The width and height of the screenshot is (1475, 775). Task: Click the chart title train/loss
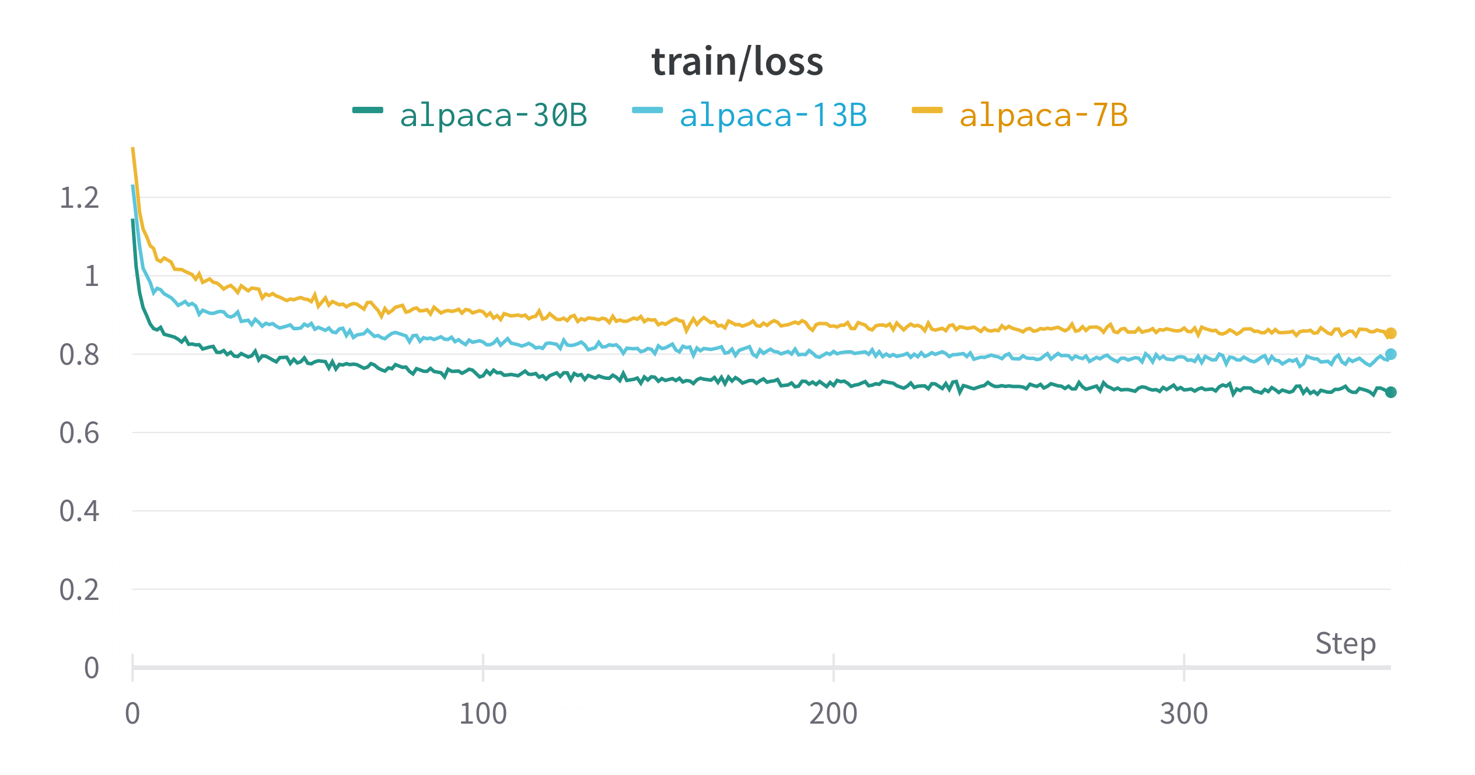737,62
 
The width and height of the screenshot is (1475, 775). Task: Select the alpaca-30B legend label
493,115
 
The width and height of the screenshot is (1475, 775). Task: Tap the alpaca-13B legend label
773,115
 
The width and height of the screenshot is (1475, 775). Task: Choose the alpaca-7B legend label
1043,115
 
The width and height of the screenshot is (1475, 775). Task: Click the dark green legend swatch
368,110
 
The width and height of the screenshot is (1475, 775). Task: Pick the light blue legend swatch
648,110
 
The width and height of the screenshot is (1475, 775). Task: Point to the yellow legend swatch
927,110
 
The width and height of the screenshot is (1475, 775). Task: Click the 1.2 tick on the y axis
79,198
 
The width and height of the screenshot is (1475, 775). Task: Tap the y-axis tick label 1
92,276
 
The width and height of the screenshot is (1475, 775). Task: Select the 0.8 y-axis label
79,355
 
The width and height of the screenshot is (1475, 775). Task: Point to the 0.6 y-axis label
79,433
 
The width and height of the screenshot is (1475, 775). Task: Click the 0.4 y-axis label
79,511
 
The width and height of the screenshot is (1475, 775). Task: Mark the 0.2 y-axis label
79,590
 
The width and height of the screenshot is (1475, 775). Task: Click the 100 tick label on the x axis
483,714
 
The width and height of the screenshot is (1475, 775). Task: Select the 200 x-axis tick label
833,714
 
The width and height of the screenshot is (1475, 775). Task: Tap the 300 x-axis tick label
1184,714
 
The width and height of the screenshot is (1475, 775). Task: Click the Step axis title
1345,644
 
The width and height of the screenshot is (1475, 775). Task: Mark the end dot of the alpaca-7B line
1391,333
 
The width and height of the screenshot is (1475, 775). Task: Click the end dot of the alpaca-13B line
1391,354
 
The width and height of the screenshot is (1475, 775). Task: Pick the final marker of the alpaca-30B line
1391,392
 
